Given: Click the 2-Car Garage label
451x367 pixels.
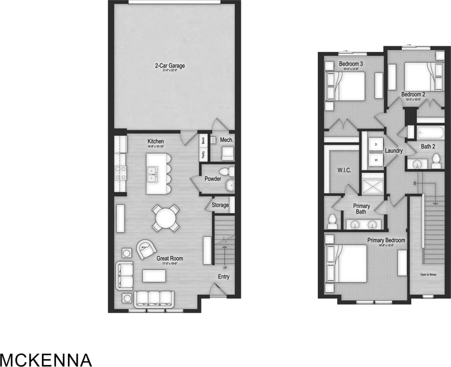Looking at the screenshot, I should click(170, 66).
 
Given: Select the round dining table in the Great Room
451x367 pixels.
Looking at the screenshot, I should click(166, 218).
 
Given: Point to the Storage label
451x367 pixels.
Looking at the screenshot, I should click(220, 205).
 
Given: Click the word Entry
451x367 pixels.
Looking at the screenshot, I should click(224, 277).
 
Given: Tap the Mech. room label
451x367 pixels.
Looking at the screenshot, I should click(227, 140).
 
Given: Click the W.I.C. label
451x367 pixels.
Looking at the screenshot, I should click(344, 170).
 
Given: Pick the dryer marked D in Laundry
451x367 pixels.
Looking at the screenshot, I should click(376, 144).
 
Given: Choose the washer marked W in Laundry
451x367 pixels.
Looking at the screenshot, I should click(376, 160).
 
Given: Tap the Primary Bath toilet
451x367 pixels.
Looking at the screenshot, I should click(333, 221).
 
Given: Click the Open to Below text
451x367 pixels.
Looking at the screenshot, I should click(428, 274).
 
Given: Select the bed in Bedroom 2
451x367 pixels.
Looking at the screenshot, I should click(418, 76).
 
